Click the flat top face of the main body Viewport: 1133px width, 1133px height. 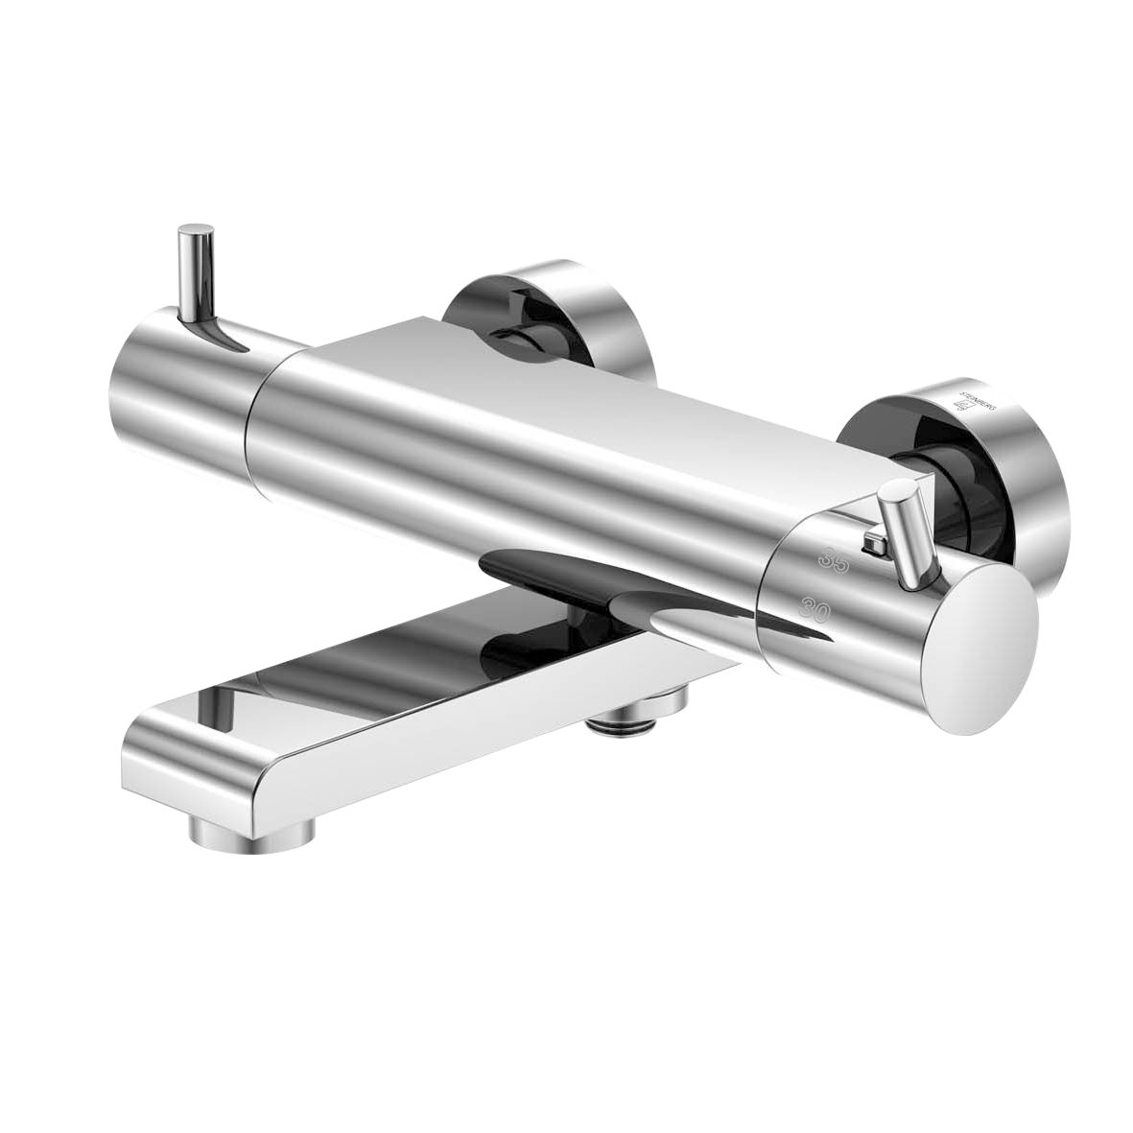(537, 384)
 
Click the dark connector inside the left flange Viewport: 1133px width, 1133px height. (523, 331)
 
